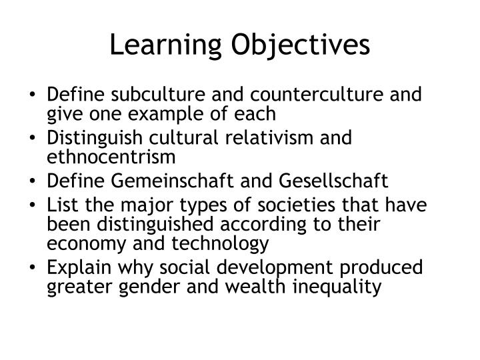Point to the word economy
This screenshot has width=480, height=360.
(81, 244)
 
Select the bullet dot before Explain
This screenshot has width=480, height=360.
(35, 268)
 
